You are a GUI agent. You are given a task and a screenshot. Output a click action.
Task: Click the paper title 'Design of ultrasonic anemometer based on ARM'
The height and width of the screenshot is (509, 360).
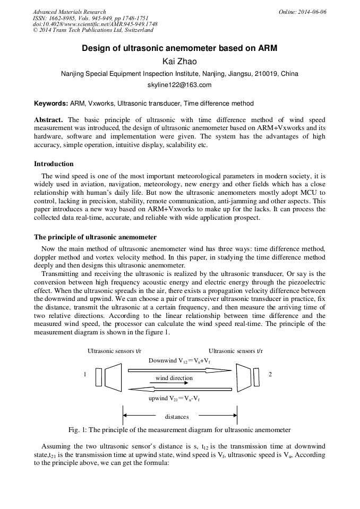tap(179, 48)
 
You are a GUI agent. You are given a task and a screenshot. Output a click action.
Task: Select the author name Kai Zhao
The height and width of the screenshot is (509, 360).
tap(179, 62)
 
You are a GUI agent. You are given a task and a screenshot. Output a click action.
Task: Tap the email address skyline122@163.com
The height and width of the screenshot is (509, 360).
tap(179, 85)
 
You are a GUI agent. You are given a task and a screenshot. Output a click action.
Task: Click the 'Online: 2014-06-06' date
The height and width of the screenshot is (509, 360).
tap(302, 12)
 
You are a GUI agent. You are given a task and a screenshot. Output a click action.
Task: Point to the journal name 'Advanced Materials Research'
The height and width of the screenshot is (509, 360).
tap(70, 12)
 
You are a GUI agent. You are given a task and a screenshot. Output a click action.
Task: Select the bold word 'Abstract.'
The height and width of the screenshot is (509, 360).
tap(49, 120)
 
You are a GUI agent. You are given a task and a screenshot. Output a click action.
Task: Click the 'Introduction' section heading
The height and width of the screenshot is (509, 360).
tap(54, 164)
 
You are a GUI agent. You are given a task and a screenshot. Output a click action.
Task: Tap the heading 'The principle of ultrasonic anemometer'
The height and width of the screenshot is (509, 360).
tap(95, 237)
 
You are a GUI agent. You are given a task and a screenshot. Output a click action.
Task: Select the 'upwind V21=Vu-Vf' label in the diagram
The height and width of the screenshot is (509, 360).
tap(177, 398)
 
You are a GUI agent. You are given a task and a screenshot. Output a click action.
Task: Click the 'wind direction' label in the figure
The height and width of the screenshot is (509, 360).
tap(174, 378)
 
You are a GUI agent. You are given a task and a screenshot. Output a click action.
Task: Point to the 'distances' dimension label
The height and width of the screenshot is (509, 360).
tap(177, 417)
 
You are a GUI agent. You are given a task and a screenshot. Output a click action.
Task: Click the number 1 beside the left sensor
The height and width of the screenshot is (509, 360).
tap(85, 375)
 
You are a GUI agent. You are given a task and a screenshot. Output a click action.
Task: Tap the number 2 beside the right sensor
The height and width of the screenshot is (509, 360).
tap(270, 375)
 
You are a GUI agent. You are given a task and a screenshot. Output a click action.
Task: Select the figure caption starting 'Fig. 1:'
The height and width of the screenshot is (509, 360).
tap(179, 429)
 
